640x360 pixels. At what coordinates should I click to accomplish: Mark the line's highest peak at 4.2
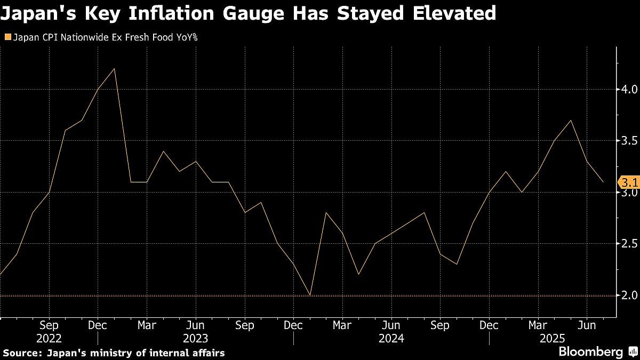(115, 68)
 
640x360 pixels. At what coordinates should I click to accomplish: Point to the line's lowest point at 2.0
(310, 295)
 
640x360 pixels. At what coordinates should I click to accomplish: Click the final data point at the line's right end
(603, 182)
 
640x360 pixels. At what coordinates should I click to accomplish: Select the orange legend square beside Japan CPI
(7, 37)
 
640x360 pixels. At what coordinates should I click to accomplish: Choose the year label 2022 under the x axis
(49, 338)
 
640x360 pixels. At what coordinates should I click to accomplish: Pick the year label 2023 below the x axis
(196, 338)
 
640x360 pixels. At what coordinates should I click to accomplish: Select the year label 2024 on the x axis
(391, 338)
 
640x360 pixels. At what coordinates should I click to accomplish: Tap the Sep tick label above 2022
(49, 325)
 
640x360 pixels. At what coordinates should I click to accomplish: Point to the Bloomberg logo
(590, 352)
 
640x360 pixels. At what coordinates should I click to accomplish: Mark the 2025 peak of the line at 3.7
(571, 120)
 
